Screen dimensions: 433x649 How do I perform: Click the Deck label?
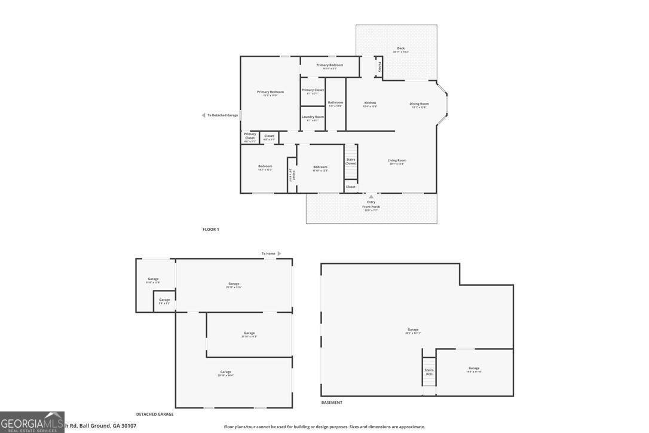click(401, 48)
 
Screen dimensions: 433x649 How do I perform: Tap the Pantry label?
click(379, 66)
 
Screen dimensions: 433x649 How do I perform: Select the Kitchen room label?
click(370, 103)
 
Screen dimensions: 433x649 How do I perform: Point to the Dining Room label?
click(419, 103)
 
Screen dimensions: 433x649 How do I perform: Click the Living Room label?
click(397, 160)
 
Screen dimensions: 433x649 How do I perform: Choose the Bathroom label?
click(335, 102)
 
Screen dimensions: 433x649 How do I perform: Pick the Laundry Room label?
click(313, 117)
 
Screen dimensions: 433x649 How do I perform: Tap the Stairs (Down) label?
click(351, 161)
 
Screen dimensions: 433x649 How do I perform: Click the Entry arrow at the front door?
click(371, 196)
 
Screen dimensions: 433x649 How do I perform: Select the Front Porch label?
click(371, 207)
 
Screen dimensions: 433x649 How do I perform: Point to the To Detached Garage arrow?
click(204, 115)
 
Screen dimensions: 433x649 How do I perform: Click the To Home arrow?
click(279, 254)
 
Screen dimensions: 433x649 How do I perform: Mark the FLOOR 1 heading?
click(210, 230)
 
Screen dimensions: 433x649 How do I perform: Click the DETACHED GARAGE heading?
click(155, 414)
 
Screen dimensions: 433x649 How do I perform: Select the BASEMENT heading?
click(332, 402)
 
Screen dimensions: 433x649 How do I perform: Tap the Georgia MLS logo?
click(32, 422)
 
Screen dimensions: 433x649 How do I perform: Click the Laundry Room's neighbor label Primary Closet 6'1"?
click(313, 90)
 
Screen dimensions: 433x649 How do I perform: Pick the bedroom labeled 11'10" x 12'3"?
click(320, 167)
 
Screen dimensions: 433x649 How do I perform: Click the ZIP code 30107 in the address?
click(128, 426)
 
